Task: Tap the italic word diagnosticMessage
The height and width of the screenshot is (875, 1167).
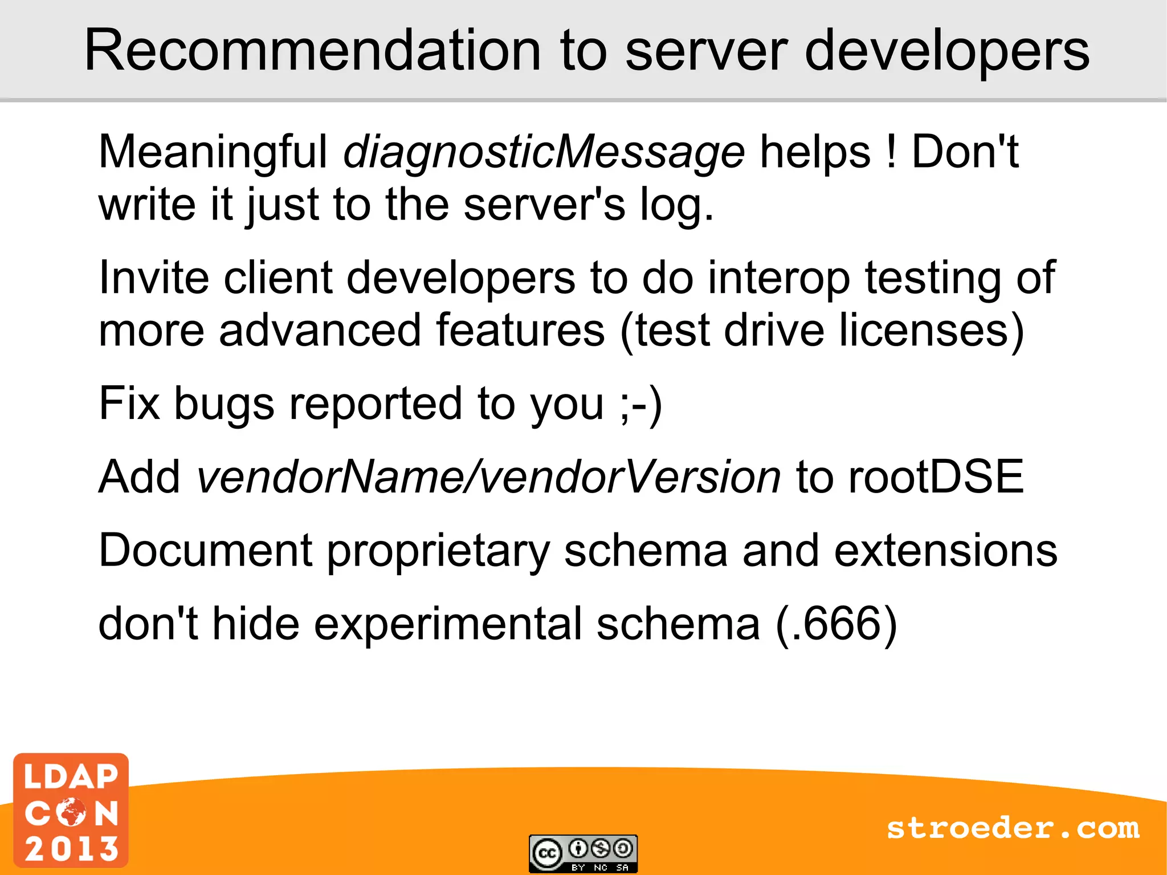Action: tap(544, 153)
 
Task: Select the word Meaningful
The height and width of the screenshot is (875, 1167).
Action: tap(213, 153)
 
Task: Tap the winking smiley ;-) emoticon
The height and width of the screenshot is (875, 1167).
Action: tap(642, 404)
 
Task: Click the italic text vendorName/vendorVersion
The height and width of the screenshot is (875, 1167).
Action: tap(488, 477)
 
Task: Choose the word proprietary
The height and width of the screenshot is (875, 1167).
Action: tap(438, 552)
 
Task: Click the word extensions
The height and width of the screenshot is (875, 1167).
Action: tap(945, 551)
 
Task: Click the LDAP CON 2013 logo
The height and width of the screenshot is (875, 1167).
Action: tap(71, 810)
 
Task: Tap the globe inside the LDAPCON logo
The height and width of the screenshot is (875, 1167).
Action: tap(71, 812)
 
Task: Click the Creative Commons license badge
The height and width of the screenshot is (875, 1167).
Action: tap(583, 853)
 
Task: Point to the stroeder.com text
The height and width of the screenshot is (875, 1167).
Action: tap(1013, 828)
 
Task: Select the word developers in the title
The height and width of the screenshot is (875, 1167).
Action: tap(946, 51)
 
